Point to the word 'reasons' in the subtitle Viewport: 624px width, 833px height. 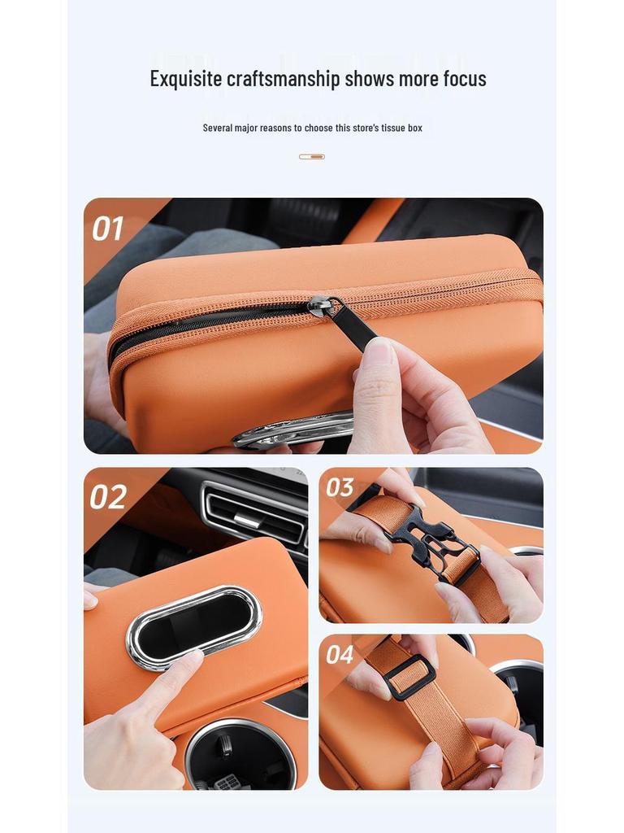275,128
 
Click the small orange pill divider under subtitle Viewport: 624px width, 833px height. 312,156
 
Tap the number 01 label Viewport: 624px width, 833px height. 107,229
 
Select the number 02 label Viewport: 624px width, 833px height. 108,497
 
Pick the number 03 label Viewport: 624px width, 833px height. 340,487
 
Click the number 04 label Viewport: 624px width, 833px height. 340,653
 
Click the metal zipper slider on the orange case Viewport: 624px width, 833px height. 320,306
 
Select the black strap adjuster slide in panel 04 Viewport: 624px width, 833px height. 409,677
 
